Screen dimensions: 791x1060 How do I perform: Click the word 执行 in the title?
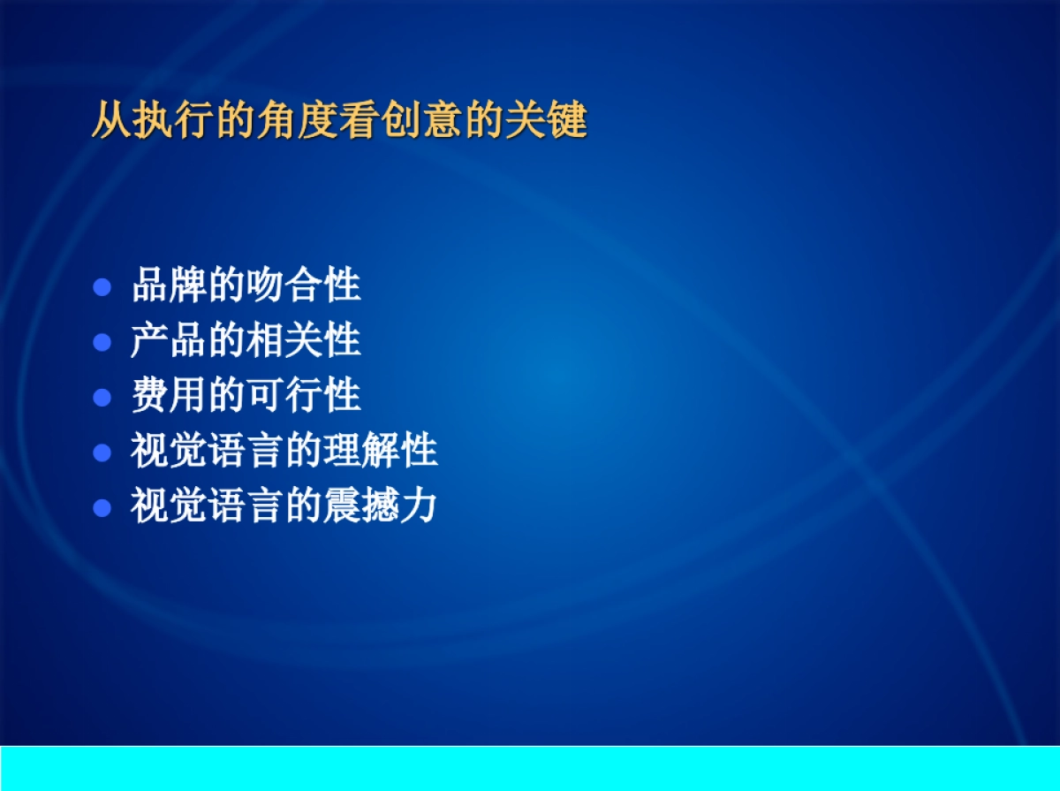click(x=173, y=122)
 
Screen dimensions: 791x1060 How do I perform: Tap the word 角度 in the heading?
click(x=298, y=122)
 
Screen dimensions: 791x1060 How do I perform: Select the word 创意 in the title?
click(x=422, y=122)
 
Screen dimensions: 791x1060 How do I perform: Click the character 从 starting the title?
click(x=111, y=122)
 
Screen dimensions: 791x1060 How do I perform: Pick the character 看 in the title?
click(x=360, y=122)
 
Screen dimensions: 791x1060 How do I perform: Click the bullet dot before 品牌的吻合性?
click(x=102, y=287)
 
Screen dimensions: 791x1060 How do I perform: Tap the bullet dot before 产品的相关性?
click(x=102, y=342)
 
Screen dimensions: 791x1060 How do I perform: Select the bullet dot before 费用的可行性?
click(x=102, y=397)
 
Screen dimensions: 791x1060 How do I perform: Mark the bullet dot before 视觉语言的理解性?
click(x=102, y=453)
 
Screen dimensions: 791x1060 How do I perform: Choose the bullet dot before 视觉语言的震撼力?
click(x=102, y=507)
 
